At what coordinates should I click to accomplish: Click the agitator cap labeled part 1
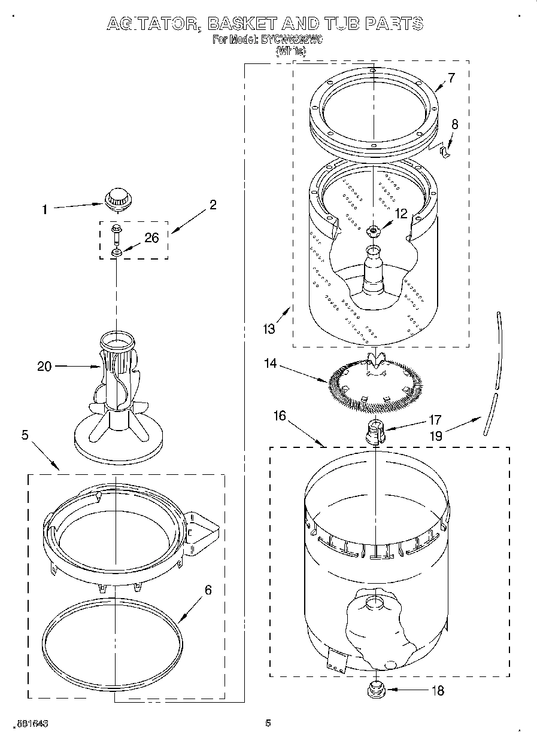coord(117,198)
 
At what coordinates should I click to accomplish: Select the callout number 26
coord(152,237)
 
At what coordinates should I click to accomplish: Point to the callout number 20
coord(45,367)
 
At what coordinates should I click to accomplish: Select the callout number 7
coord(451,77)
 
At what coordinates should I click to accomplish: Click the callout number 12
coord(401,212)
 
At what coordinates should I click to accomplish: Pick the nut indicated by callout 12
coord(374,230)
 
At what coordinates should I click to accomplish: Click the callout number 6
coord(208,590)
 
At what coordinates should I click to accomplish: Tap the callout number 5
coord(25,435)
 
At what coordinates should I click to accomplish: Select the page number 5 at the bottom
coord(268,723)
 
